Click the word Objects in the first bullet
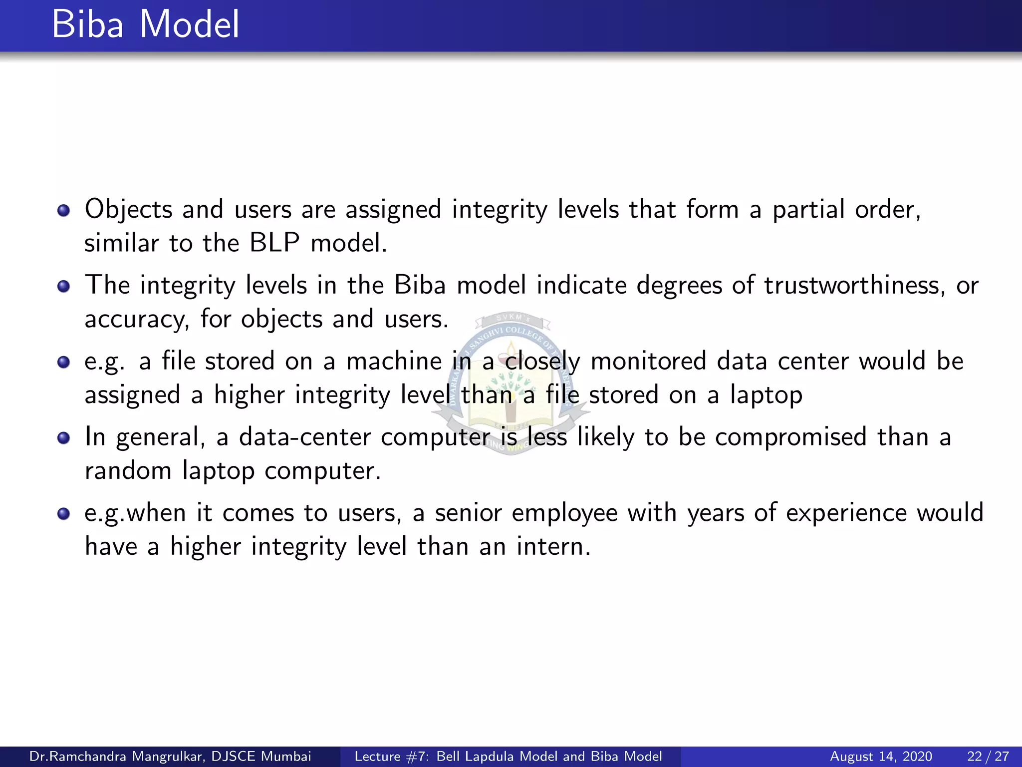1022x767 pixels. click(128, 209)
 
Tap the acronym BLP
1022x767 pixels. click(274, 243)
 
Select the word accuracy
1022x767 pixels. click(137, 320)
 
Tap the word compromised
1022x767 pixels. click(790, 437)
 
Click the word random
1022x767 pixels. click(128, 471)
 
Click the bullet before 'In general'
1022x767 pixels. click(63, 438)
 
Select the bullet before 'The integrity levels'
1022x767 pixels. click(63, 286)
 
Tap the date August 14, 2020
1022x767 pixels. click(881, 757)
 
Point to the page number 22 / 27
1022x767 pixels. click(988, 757)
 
